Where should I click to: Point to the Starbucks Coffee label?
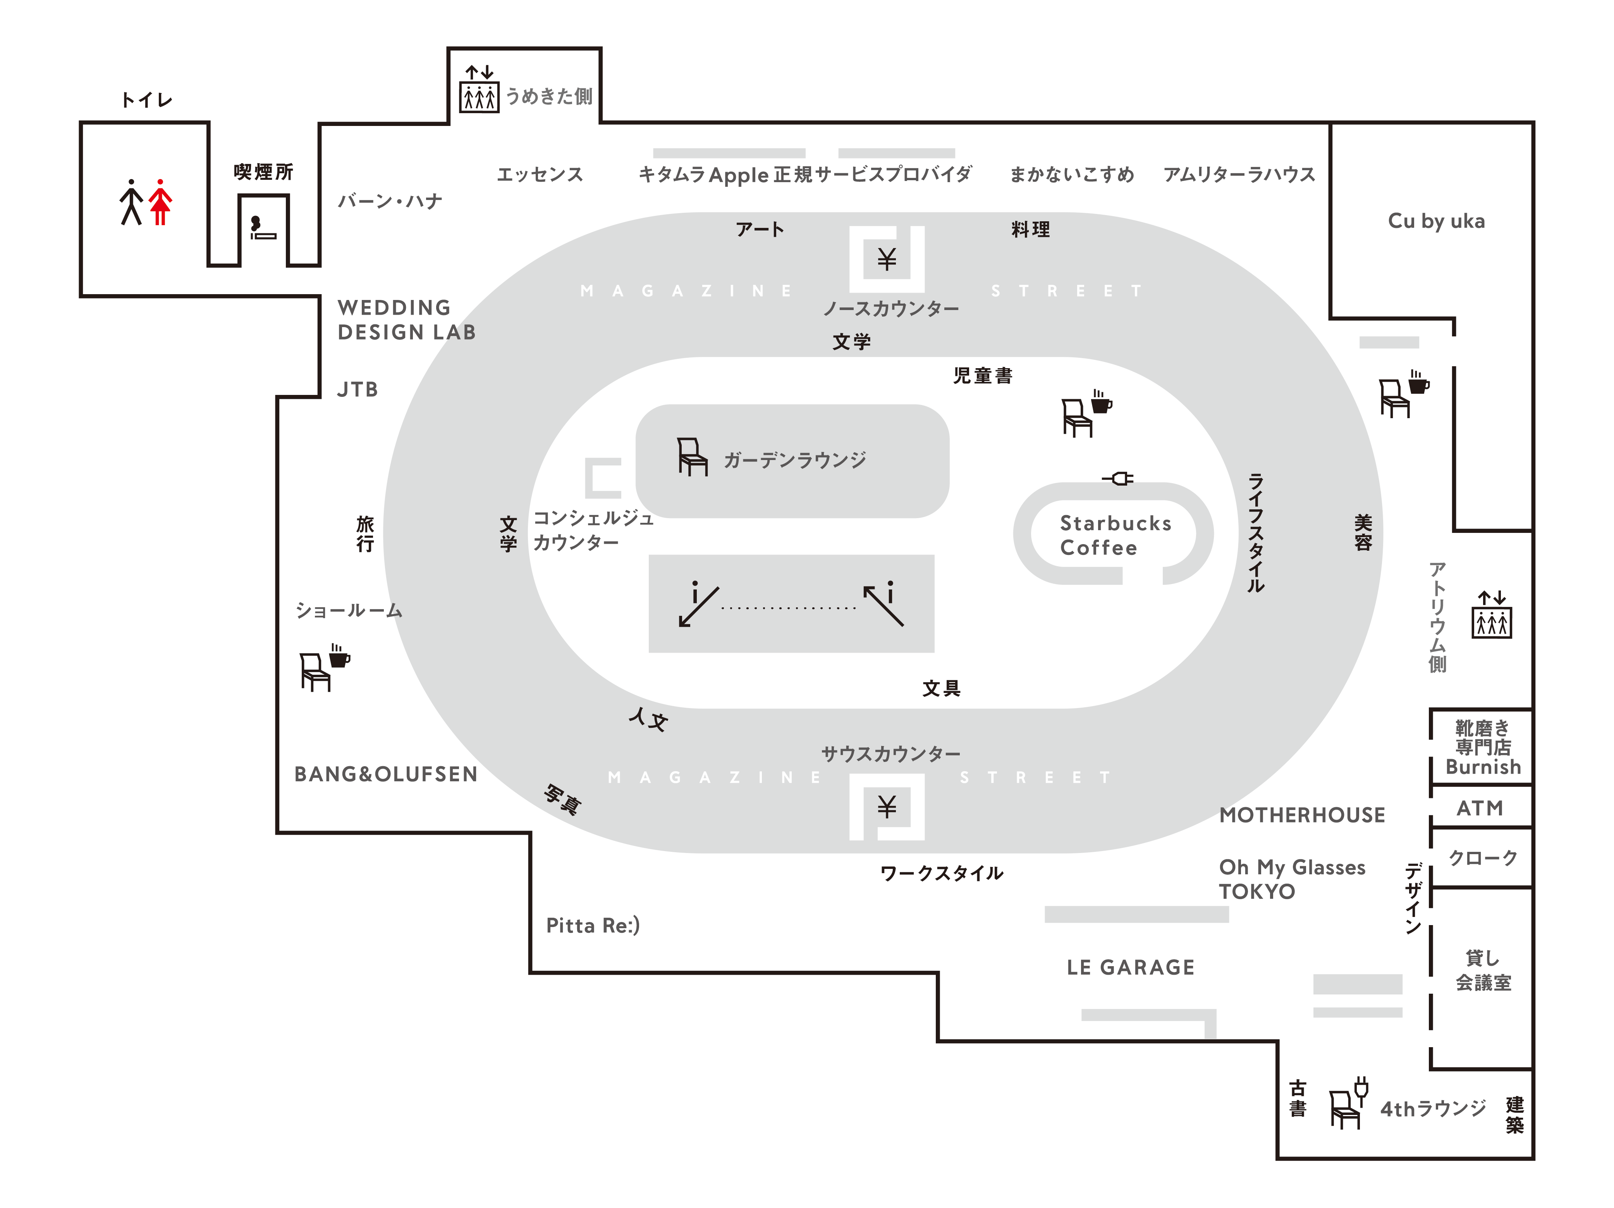coord(1114,535)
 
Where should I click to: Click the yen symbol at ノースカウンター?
coord(887,259)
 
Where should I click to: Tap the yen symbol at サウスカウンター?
coord(887,806)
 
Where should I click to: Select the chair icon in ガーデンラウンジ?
coord(692,457)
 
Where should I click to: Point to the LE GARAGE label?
coord(1130,967)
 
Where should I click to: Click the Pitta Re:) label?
coord(593,925)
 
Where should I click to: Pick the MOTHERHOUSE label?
coord(1302,815)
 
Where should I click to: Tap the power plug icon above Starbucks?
coord(1118,479)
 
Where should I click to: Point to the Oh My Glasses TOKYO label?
coord(1291,879)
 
